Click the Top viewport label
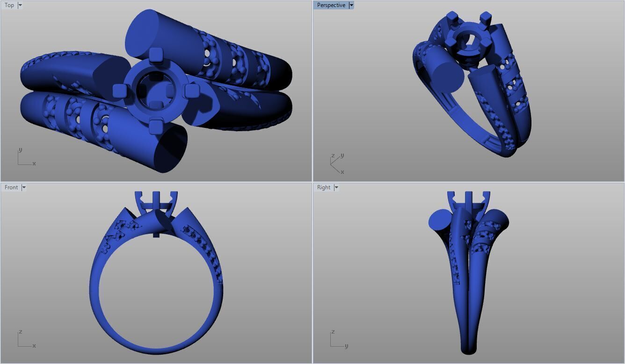9,5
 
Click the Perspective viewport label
331,5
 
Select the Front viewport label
11,187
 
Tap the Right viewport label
324,187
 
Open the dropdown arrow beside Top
20,5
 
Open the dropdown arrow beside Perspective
351,5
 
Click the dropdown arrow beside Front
24,187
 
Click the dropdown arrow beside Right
336,187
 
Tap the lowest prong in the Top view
155,125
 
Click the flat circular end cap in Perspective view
444,76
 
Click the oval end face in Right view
440,219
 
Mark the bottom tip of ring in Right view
468,350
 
